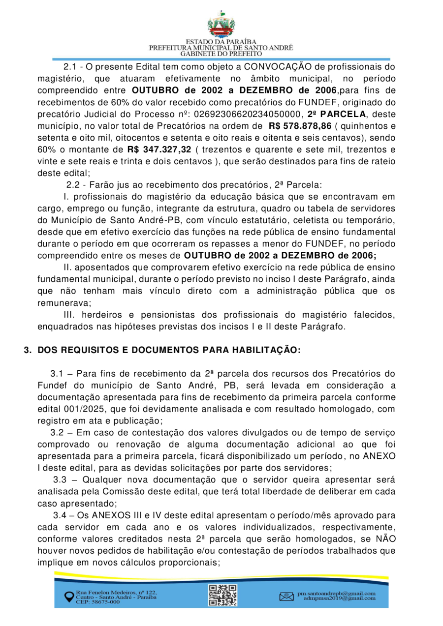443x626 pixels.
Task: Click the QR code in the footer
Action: coord(222,594)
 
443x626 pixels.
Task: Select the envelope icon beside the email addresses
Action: coord(286,596)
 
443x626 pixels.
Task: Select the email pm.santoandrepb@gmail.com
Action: coord(336,593)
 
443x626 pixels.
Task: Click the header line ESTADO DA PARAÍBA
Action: coord(221,42)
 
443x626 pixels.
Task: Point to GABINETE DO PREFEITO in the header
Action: coord(221,53)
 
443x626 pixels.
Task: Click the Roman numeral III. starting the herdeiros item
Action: coord(70,315)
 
